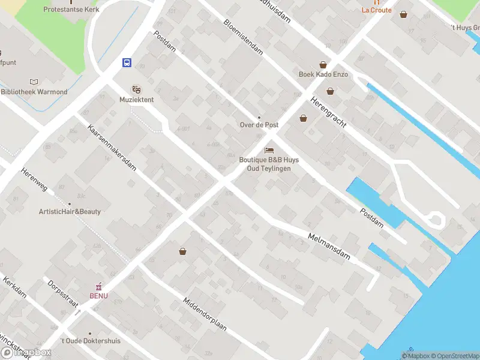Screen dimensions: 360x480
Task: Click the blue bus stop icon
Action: coord(127,62)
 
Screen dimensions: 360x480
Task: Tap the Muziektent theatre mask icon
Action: coord(136,89)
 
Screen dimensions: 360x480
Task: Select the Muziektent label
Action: coord(136,100)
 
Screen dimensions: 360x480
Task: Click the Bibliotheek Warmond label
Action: coord(34,92)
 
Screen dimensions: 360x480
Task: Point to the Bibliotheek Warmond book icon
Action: coord(34,82)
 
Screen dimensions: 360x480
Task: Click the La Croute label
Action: coord(376,10)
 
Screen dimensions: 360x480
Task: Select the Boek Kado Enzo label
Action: coord(323,74)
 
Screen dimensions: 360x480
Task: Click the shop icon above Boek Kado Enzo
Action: coord(323,64)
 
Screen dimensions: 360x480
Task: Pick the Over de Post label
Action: coord(259,125)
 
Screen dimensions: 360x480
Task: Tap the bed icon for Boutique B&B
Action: coord(269,149)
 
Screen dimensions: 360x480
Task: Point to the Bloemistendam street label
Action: coord(244,37)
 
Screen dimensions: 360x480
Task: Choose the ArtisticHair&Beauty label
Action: coord(70,212)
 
